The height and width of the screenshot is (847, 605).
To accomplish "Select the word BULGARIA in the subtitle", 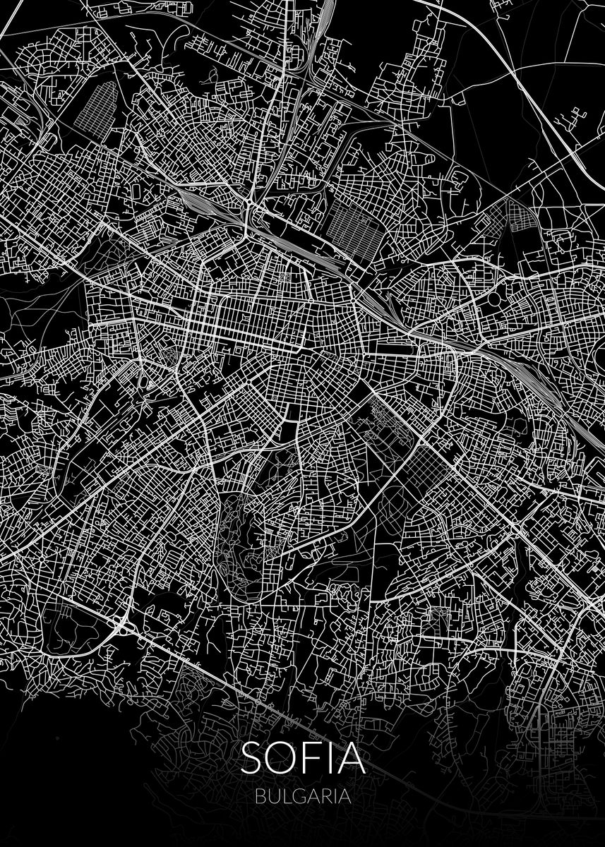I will tap(304, 795).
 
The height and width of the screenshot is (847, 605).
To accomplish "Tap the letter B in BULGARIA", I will tap(261, 795).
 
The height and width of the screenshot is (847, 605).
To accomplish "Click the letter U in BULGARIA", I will tap(273, 795).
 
